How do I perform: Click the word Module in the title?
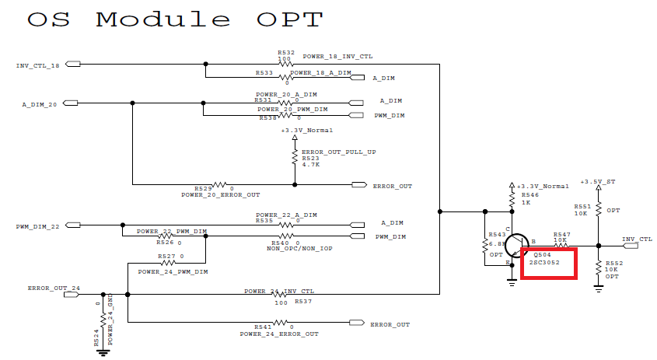163,20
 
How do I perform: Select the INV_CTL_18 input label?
37,65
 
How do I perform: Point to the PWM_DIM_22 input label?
37,226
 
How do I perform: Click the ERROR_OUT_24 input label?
54,288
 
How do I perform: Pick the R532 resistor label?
285,52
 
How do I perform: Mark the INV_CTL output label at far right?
638,239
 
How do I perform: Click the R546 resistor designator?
528,195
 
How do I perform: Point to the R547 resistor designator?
562,233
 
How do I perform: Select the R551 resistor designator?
581,206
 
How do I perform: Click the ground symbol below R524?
102,351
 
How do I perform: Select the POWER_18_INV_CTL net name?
337,57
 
